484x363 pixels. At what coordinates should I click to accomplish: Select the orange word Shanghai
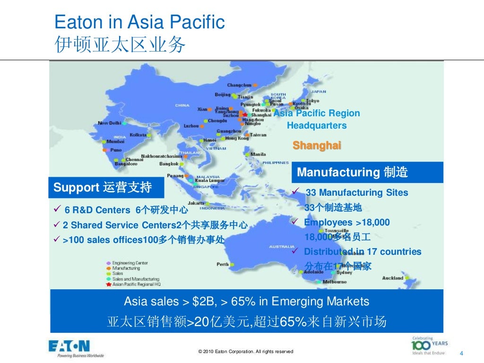coord(317,146)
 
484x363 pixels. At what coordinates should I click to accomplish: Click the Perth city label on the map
coord(223,264)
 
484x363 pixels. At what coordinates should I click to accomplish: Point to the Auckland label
coord(392,278)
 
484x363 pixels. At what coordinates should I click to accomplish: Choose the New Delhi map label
coord(109,123)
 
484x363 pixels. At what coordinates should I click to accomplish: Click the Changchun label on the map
coord(239,85)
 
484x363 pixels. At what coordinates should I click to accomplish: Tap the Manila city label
coord(258,154)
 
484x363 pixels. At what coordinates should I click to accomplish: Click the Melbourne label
coord(335,282)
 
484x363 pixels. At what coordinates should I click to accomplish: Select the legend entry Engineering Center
coord(130,263)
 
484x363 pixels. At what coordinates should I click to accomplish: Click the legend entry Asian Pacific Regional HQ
coord(137,285)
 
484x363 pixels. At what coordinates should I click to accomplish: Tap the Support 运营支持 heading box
coord(106,188)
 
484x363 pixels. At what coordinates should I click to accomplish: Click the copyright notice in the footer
coord(246,352)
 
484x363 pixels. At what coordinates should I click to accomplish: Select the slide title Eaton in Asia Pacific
coord(139,22)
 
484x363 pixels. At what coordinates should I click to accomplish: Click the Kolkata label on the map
coord(138,135)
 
